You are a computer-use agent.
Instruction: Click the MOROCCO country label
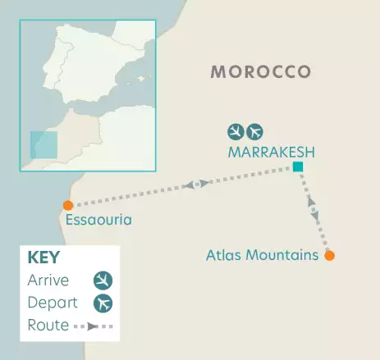pyautogui.click(x=261, y=72)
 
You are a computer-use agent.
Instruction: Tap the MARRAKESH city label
pyautogui.click(x=272, y=152)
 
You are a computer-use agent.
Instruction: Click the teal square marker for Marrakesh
pyautogui.click(x=297, y=168)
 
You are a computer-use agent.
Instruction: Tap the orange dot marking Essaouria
pyautogui.click(x=68, y=205)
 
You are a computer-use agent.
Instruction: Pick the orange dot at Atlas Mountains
pyautogui.click(x=330, y=256)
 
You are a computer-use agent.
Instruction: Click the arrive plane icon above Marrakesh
pyautogui.click(x=236, y=131)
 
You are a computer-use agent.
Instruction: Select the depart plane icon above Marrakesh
pyautogui.click(x=256, y=131)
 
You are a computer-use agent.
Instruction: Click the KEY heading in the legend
pyautogui.click(x=43, y=257)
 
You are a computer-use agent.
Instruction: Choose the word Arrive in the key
pyautogui.click(x=48, y=281)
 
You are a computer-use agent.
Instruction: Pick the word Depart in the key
pyautogui.click(x=50, y=303)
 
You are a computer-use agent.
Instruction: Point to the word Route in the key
pyautogui.click(x=46, y=326)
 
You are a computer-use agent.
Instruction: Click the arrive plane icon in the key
pyautogui.click(x=103, y=281)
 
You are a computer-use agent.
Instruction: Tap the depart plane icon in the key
pyautogui.click(x=103, y=303)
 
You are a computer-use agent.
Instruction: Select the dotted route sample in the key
pyautogui.click(x=94, y=326)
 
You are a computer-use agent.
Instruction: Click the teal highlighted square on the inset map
pyautogui.click(x=44, y=145)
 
